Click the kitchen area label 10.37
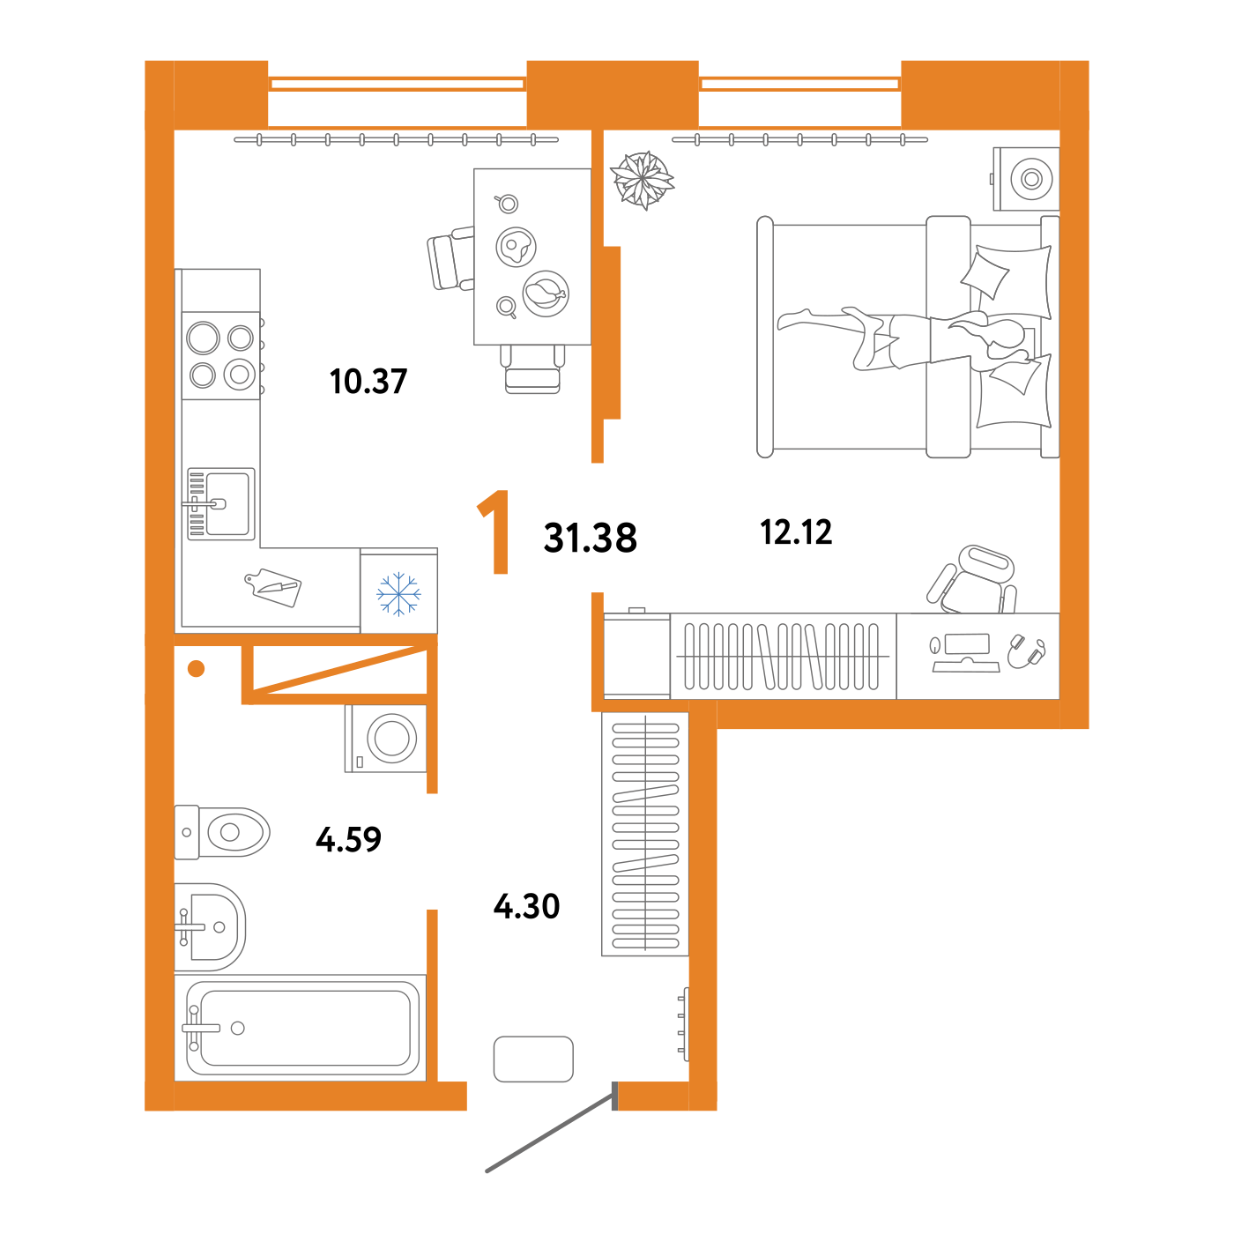(x=368, y=381)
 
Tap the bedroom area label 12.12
(x=796, y=532)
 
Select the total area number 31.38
(x=590, y=538)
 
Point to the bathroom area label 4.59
(x=348, y=839)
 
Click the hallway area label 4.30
(x=526, y=907)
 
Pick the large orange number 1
(x=494, y=532)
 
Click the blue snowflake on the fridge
(x=398, y=593)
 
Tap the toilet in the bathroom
(x=221, y=832)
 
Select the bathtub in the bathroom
(x=301, y=1028)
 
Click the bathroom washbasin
(x=210, y=926)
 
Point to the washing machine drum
(x=392, y=739)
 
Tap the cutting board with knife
(x=273, y=587)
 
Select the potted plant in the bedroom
(x=642, y=180)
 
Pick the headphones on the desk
(x=1027, y=652)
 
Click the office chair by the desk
(x=972, y=579)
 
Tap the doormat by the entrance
(x=533, y=1059)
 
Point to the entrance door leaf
(x=551, y=1134)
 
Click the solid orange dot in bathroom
(x=196, y=668)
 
